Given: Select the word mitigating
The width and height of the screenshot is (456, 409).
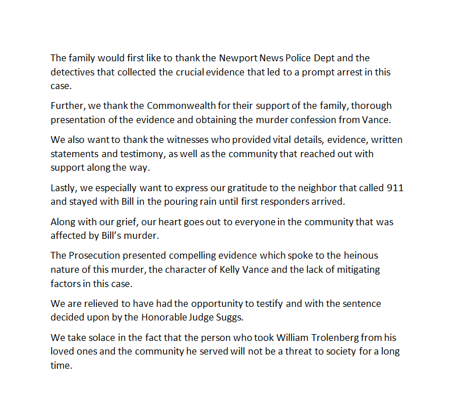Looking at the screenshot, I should (x=358, y=269).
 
